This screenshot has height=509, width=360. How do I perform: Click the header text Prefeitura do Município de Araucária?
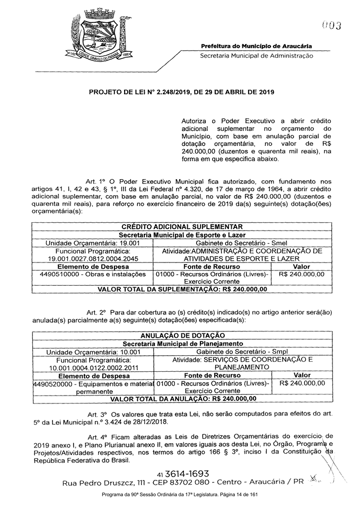(256, 46)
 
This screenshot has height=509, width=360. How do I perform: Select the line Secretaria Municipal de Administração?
(256, 56)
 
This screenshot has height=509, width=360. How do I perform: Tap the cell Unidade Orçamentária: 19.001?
(93, 242)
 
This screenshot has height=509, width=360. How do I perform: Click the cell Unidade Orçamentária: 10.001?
(93, 352)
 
